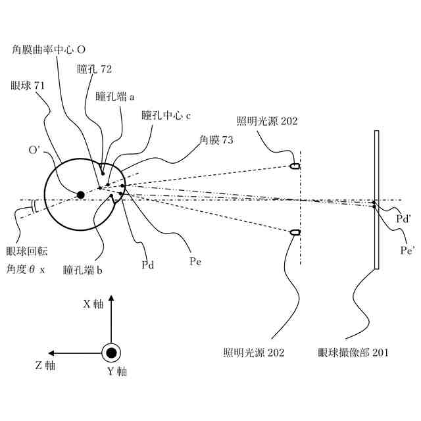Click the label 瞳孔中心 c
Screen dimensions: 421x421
point(166,115)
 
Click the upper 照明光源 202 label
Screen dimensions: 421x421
point(267,121)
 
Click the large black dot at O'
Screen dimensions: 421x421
point(81,195)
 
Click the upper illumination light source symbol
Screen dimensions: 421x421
point(295,166)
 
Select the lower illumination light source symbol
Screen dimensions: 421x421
point(295,232)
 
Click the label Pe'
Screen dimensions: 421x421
point(409,250)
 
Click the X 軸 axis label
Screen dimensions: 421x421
point(92,304)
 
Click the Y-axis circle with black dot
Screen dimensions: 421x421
point(112,353)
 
